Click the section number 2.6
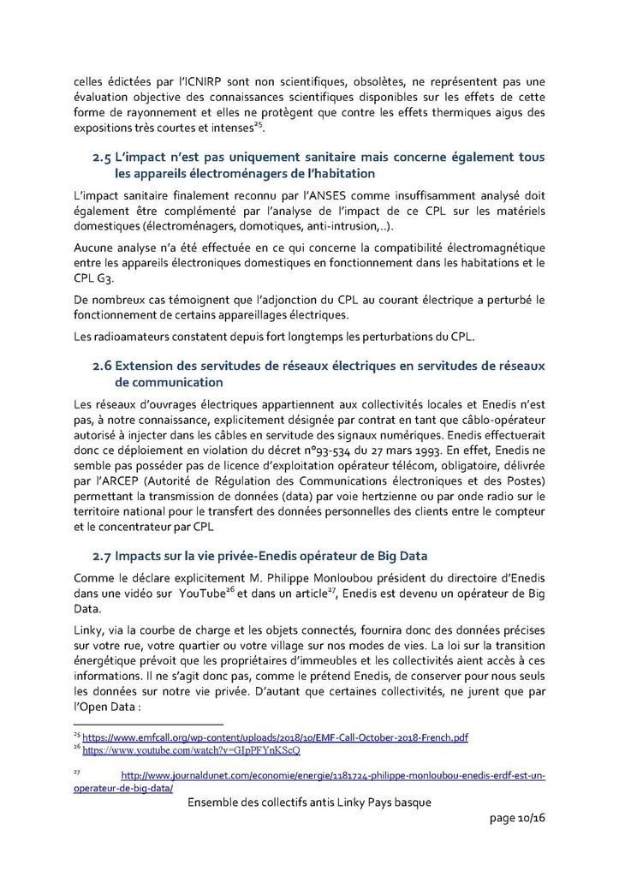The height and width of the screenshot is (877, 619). coord(103,366)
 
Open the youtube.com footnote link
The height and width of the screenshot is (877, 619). coord(191,749)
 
